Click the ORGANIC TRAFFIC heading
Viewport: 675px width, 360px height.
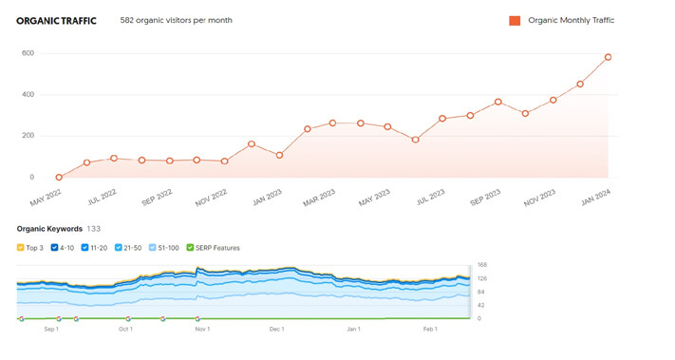(x=56, y=20)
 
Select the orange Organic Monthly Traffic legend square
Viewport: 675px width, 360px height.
(x=515, y=20)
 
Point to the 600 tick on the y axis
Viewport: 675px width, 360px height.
(x=28, y=53)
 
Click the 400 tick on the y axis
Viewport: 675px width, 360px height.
(x=28, y=95)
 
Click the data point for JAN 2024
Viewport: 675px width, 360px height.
(x=609, y=57)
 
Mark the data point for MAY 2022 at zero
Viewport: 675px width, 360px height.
(x=59, y=177)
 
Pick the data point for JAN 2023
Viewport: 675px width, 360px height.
(x=279, y=155)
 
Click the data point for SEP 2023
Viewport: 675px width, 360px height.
(x=498, y=102)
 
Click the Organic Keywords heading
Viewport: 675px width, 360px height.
(x=48, y=229)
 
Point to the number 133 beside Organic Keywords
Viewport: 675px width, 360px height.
(x=94, y=229)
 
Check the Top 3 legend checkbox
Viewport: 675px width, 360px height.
(x=21, y=248)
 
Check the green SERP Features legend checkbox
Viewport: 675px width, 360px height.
(x=190, y=248)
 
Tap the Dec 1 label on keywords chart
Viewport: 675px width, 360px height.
(x=276, y=329)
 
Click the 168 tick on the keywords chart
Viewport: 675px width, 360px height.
(x=481, y=265)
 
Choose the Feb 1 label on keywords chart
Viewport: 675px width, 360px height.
(x=429, y=329)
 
